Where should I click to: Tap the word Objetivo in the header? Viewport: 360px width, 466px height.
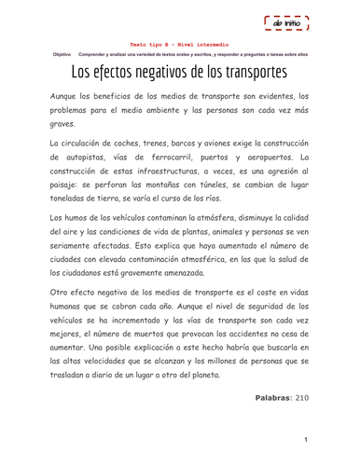coord(61,54)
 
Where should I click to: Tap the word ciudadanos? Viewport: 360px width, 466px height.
coord(80,273)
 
